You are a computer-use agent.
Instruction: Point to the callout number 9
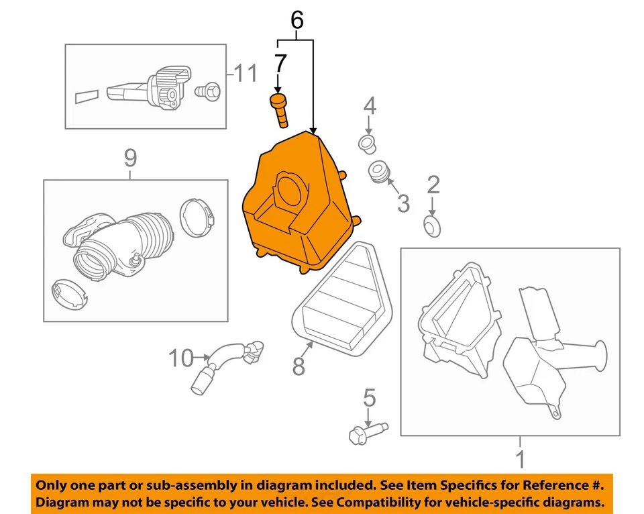(130, 158)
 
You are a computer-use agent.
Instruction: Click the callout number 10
(180, 358)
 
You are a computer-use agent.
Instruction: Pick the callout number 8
(299, 366)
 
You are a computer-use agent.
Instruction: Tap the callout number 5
(369, 398)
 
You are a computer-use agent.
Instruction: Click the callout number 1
(520, 460)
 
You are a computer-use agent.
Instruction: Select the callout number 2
(433, 185)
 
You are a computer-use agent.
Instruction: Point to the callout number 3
(402, 203)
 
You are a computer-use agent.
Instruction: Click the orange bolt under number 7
(279, 109)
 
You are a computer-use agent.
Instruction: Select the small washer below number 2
(432, 225)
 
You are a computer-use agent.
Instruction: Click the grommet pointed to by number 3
(380, 171)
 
